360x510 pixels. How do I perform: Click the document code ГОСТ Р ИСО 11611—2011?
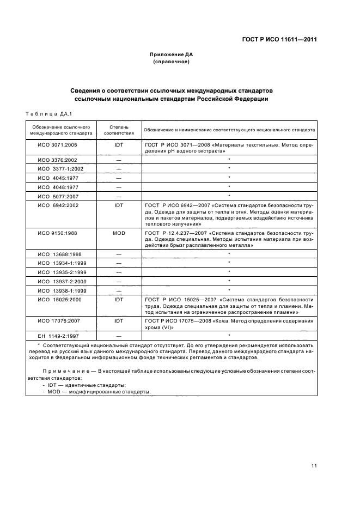click(x=279, y=40)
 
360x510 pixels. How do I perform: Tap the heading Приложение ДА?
click(x=172, y=54)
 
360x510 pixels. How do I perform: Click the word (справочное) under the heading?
click(x=172, y=62)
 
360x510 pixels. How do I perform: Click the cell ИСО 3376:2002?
click(x=58, y=160)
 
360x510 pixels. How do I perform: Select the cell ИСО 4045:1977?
click(x=58, y=178)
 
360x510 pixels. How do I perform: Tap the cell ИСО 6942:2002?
click(x=58, y=205)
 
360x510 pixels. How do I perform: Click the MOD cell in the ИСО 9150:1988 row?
click(x=119, y=233)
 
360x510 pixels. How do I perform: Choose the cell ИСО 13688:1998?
click(x=58, y=254)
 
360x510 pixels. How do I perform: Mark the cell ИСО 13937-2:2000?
click(x=58, y=281)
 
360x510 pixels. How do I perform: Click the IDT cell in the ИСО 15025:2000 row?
click(x=119, y=299)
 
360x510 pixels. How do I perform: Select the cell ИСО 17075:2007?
click(x=58, y=321)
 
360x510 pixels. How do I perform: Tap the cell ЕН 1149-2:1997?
click(x=58, y=336)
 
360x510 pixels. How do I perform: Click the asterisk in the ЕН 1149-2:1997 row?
click(x=229, y=335)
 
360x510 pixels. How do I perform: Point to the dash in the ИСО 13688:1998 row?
click(x=119, y=254)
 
